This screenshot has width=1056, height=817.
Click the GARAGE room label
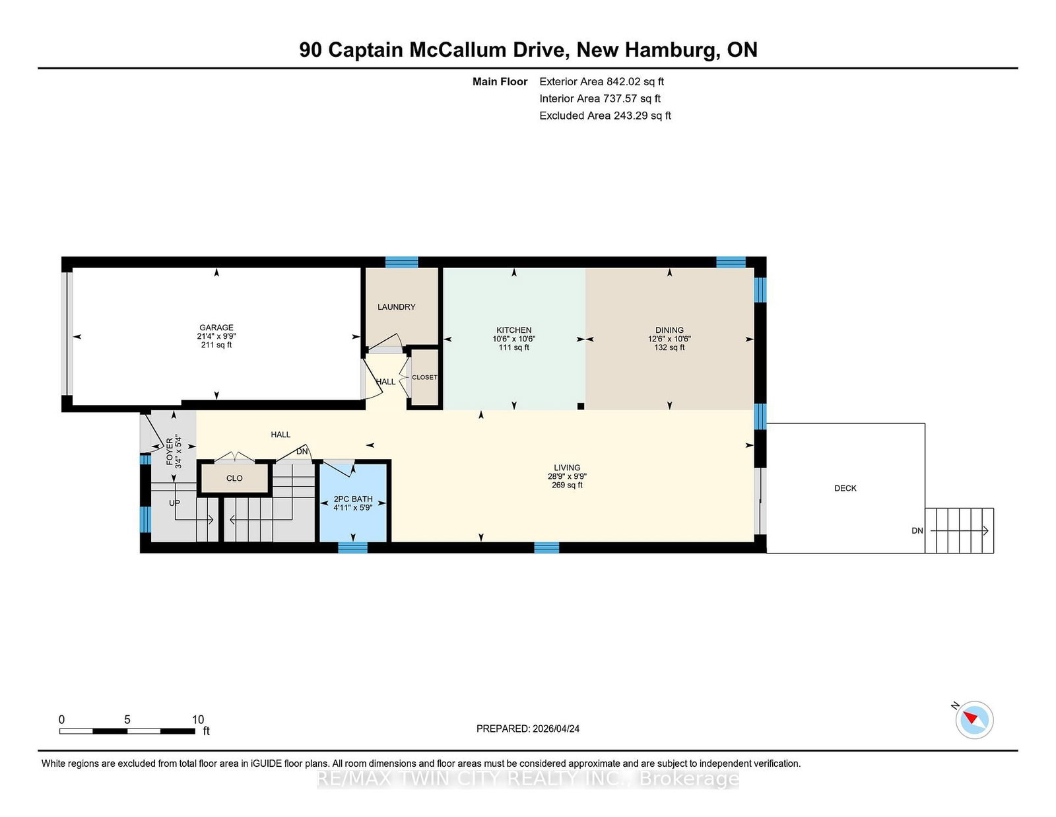[216, 328]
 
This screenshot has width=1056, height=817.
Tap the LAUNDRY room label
[397, 307]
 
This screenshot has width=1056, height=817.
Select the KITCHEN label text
[513, 330]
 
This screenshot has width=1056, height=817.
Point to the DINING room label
[669, 330]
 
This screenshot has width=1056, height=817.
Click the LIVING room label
[567, 468]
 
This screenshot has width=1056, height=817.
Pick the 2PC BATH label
[353, 499]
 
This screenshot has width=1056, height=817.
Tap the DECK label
[845, 488]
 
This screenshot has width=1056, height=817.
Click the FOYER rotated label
[170, 452]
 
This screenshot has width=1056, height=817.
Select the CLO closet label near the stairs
[234, 479]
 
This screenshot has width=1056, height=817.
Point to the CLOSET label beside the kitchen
[425, 377]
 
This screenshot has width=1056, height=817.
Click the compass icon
[974, 720]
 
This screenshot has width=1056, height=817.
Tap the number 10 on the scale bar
[198, 720]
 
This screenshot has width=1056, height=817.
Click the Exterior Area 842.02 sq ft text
[602, 82]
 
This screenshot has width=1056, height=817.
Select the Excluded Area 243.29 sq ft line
[605, 116]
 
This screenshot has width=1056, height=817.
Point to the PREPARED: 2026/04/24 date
[528, 728]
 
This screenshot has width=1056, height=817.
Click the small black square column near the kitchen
[581, 406]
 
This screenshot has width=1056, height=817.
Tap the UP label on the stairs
[174, 503]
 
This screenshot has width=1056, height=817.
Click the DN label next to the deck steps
[917, 530]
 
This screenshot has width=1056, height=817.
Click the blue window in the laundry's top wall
[402, 262]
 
